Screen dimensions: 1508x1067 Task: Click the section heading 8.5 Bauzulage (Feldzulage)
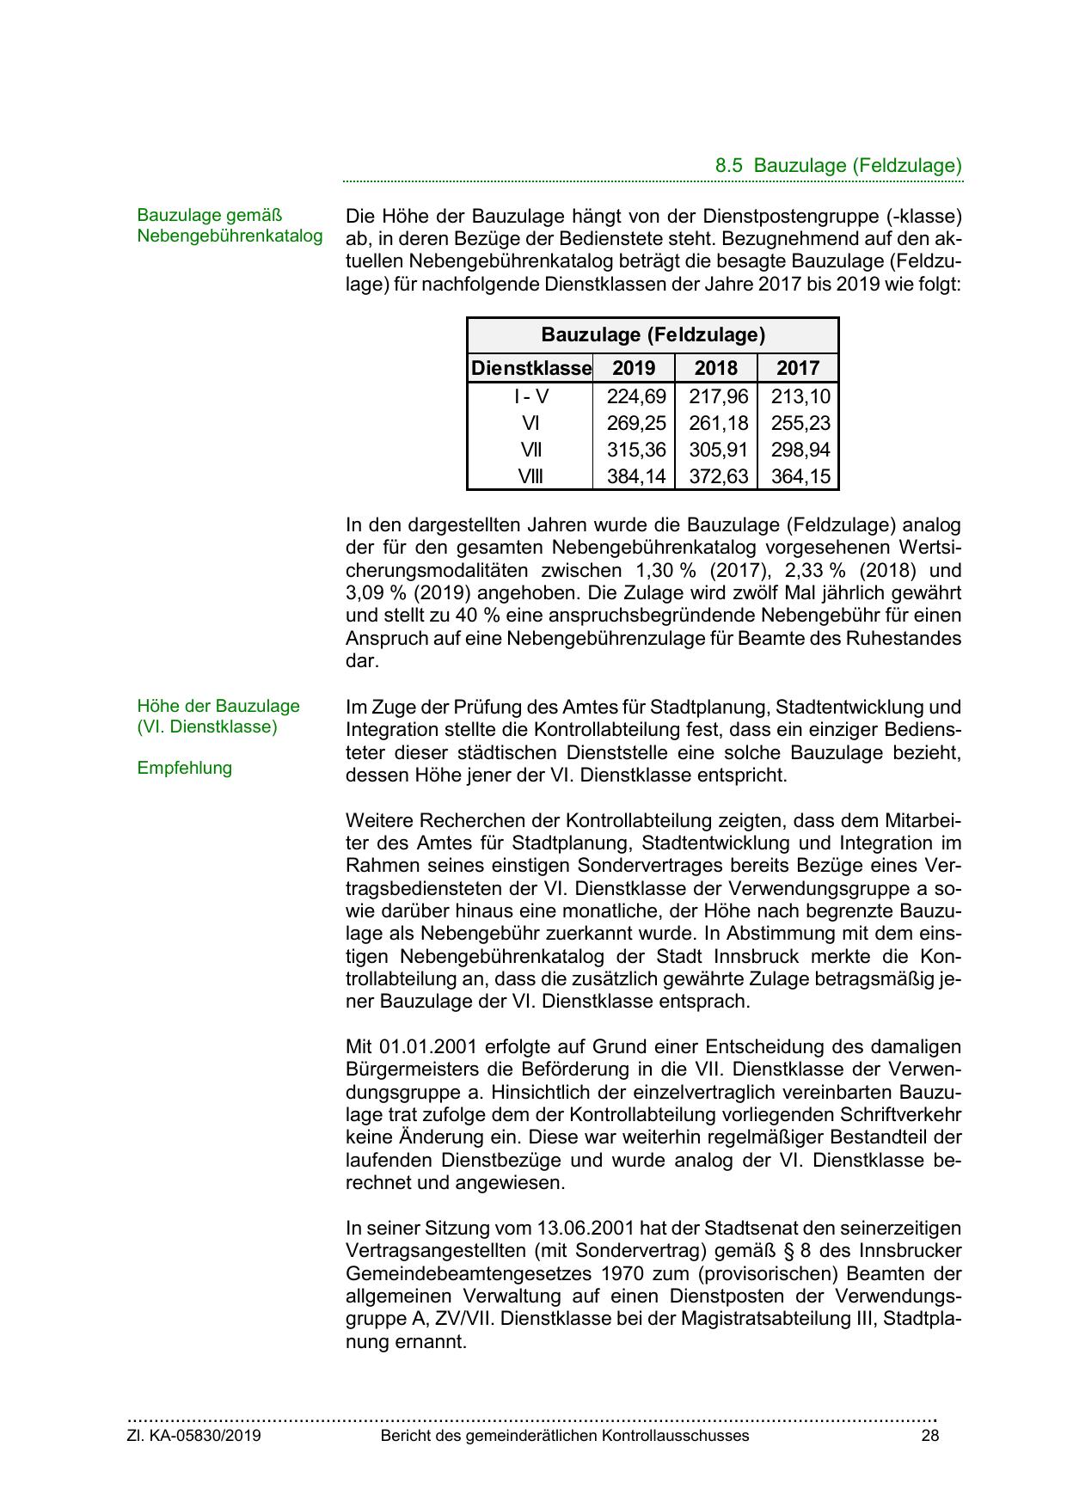tap(837, 166)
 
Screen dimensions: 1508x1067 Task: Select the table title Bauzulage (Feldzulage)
tap(653, 334)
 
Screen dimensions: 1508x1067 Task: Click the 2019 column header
tap(634, 368)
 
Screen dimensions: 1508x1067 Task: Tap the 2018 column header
tap(716, 368)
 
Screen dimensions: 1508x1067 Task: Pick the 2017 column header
tap(798, 368)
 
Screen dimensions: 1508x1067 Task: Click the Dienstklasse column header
tap(530, 368)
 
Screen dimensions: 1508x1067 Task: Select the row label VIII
tap(530, 476)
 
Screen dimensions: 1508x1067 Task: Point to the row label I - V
tap(530, 396)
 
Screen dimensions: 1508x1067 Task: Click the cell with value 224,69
tap(636, 396)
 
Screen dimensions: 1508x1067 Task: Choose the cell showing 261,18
tap(719, 423)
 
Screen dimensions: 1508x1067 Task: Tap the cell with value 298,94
tap(800, 450)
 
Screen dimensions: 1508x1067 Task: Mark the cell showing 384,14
tap(636, 476)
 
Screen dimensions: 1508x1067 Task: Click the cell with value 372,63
tap(719, 476)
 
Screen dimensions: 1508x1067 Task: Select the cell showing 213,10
tap(800, 396)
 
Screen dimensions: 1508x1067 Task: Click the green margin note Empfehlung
tap(184, 768)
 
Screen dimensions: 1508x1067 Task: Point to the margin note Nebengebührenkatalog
tap(230, 236)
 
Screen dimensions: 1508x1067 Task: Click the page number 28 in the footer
tap(929, 1435)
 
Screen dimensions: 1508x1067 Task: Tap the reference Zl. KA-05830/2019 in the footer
tap(194, 1435)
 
